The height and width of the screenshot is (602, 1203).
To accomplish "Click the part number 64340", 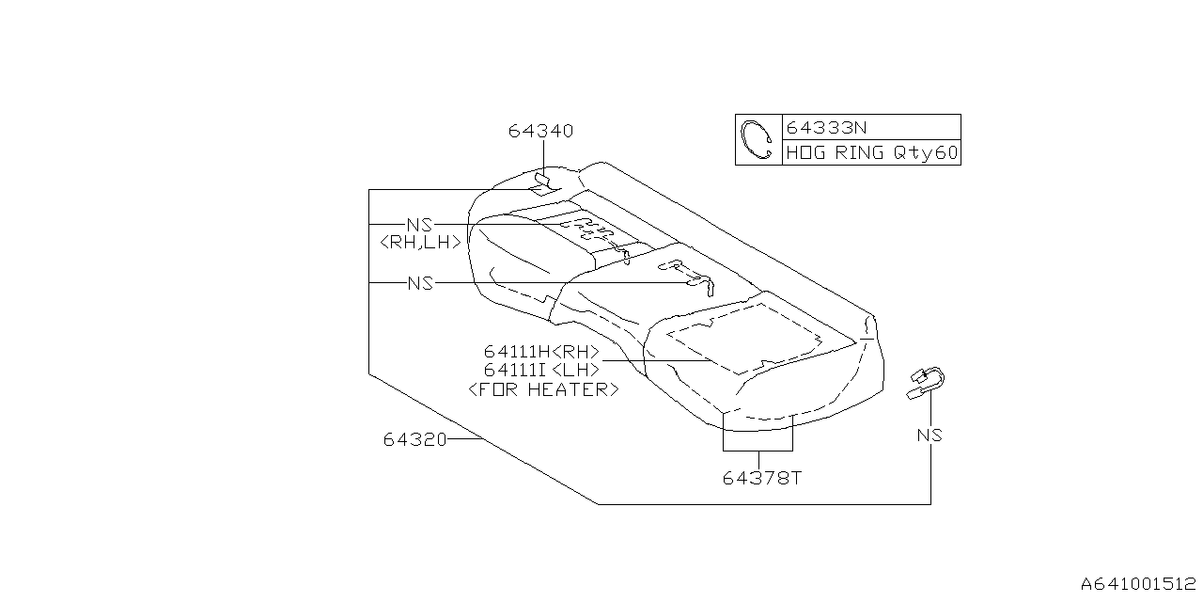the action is point(540,131).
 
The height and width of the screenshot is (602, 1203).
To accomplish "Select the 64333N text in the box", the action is point(826,127).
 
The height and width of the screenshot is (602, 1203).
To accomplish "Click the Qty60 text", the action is point(926,153).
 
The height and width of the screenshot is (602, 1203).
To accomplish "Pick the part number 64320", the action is point(414,439).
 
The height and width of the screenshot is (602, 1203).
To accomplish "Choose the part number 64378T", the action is point(762,478).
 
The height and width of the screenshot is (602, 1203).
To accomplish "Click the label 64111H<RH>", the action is point(541,352).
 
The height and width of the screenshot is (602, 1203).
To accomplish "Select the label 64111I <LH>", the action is point(541,370).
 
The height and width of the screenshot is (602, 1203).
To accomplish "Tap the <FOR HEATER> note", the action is point(543,389).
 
